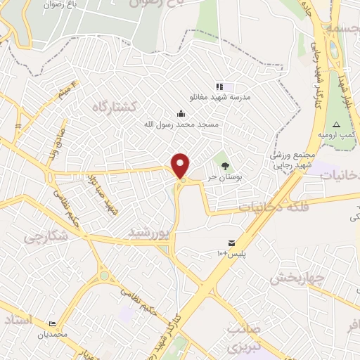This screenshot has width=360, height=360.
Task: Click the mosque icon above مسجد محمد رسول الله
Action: pyautogui.click(x=181, y=113)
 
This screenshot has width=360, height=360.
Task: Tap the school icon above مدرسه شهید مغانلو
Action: pyautogui.click(x=219, y=86)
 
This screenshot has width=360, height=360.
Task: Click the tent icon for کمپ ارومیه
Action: pyautogui.click(x=336, y=124)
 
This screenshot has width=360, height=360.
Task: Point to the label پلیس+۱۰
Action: pyautogui.click(x=229, y=252)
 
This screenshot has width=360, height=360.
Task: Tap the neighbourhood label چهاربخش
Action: pyautogui.click(x=296, y=277)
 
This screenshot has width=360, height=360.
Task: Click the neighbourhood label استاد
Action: pyautogui.click(x=19, y=320)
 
